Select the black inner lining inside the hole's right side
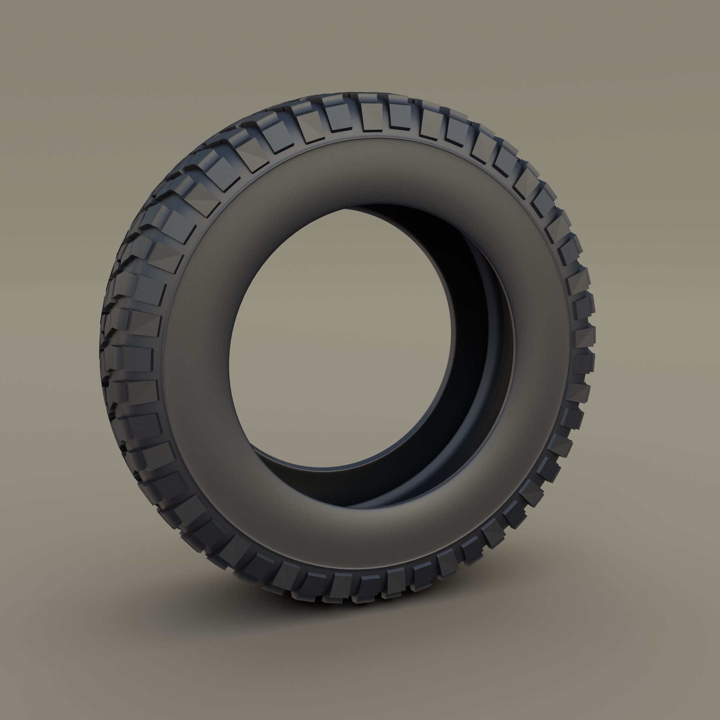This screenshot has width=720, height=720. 484,337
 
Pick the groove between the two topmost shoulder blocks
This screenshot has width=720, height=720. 387,112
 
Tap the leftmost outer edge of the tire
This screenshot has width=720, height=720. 98,356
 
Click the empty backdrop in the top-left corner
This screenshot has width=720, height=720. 56,56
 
